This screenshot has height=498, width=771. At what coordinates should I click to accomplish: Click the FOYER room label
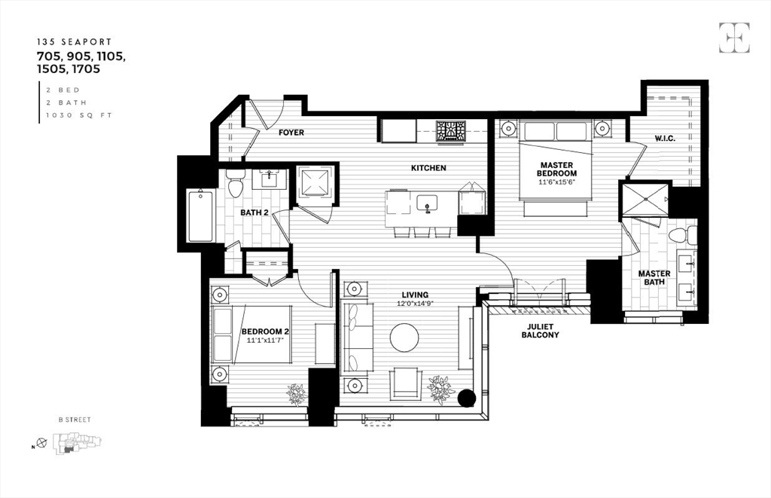(291, 133)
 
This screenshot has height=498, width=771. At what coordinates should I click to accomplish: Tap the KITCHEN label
(428, 168)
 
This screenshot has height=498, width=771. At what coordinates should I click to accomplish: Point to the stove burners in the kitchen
(450, 131)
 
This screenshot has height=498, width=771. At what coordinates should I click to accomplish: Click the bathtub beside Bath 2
(200, 216)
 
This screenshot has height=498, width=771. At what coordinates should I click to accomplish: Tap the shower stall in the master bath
(645, 199)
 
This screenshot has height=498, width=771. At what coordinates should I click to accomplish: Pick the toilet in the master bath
(679, 234)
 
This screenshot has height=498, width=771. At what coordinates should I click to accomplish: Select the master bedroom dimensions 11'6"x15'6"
(557, 182)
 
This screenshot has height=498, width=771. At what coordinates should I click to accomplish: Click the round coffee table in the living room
(404, 338)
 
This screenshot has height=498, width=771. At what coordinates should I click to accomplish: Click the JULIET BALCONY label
(540, 330)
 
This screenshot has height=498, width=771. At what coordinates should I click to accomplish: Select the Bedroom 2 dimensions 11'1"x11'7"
(265, 340)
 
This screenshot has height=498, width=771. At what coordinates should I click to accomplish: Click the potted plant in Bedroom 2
(296, 393)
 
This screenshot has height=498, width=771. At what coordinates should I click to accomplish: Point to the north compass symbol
(41, 443)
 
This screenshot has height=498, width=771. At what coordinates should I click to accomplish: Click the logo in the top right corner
(733, 38)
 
